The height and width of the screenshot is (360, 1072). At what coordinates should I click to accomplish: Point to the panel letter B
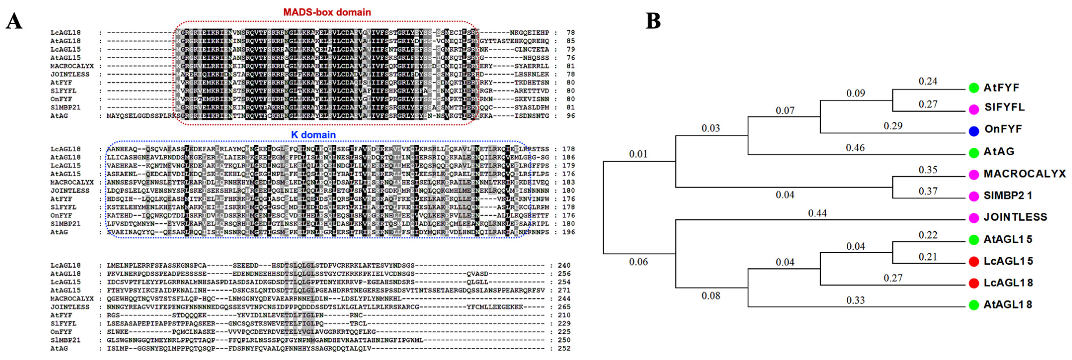pyautogui.click(x=653, y=21)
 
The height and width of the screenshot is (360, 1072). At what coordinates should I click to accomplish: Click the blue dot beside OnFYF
pyautogui.click(x=974, y=131)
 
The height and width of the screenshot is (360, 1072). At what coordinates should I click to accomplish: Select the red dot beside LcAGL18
pyautogui.click(x=974, y=283)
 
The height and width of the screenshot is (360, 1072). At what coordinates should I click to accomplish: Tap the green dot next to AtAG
pyautogui.click(x=974, y=153)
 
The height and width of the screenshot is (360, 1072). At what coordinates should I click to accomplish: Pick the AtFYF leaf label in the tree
pyautogui.click(x=1001, y=88)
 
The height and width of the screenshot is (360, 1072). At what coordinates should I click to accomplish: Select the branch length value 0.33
pyautogui.click(x=855, y=300)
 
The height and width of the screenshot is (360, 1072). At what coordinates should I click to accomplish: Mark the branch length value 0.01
pyautogui.click(x=638, y=154)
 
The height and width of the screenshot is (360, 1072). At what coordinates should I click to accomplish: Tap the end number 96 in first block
pyautogui.click(x=571, y=116)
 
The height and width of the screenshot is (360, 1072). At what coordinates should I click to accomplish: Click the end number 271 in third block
pyautogui.click(x=564, y=290)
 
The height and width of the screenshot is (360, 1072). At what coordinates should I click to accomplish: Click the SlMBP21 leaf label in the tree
pyautogui.click(x=1007, y=195)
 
